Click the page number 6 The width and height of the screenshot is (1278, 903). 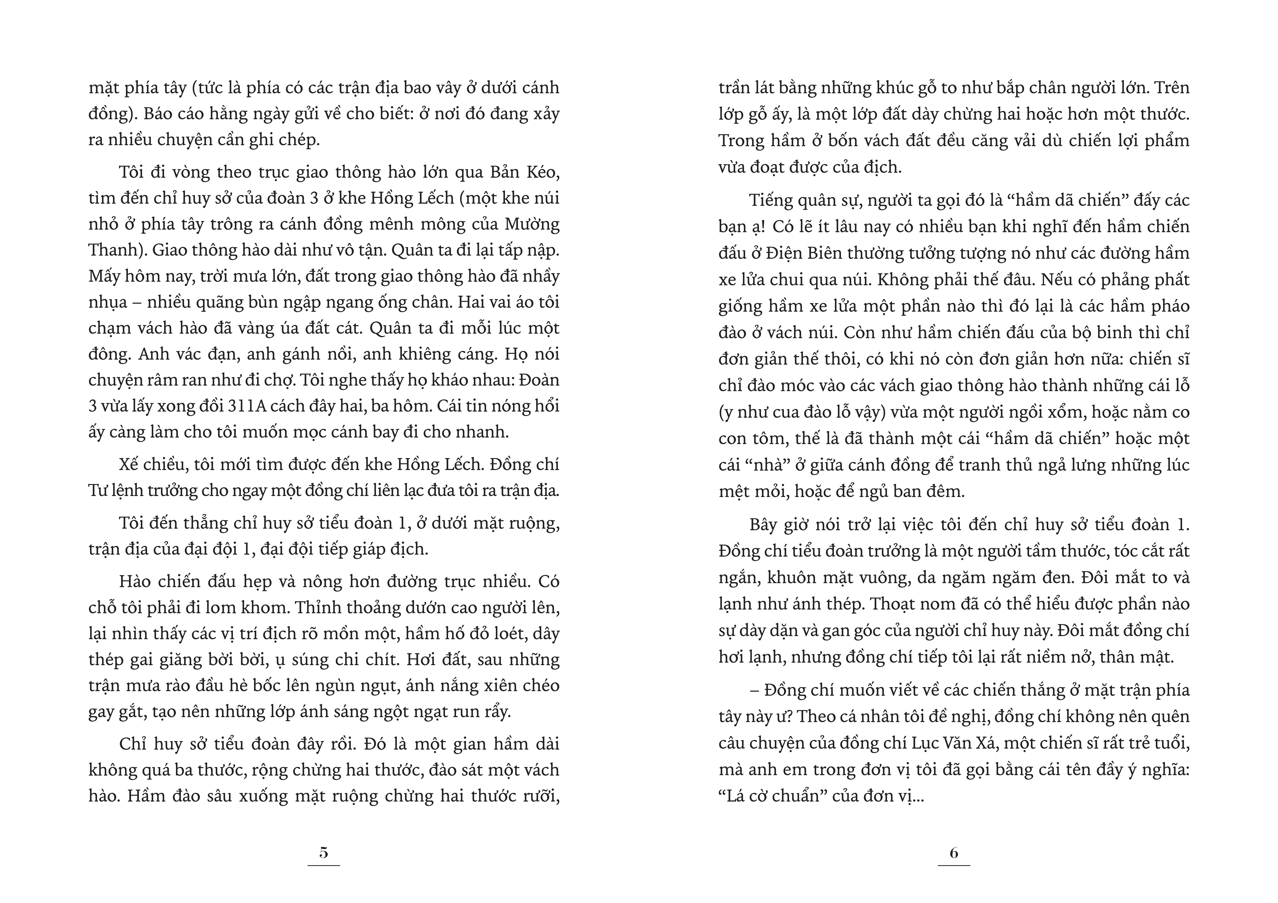pos(954,852)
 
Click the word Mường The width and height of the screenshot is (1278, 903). pos(532,224)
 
